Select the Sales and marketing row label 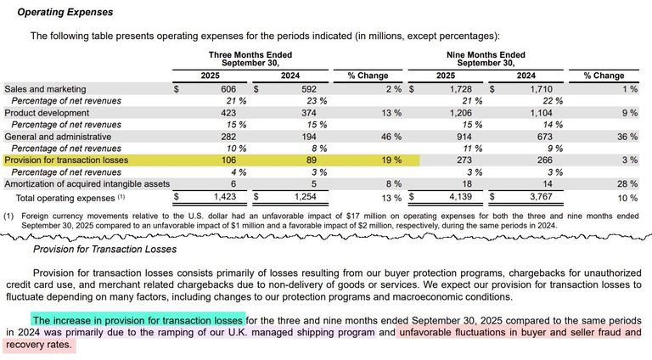tap(45, 88)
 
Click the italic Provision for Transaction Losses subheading tap(104, 249)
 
